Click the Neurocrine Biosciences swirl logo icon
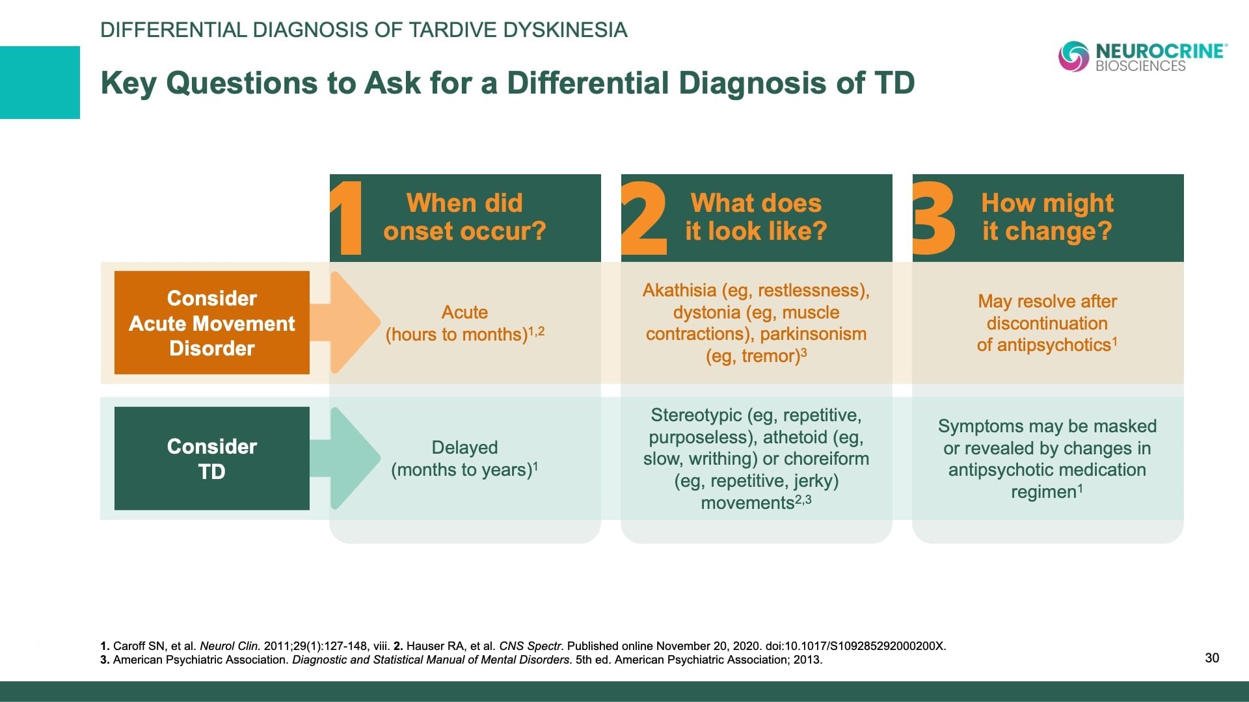pos(1073,56)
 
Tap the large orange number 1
pos(349,218)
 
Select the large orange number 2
pos(643,218)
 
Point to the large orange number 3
pos(933,218)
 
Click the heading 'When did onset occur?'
pos(464,217)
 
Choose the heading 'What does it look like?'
pos(756,217)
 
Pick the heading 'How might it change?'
pos(1047,217)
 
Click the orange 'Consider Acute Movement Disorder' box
pos(212,323)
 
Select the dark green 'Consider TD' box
pos(212,459)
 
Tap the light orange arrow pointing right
pos(351,322)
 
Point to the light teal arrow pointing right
pos(351,458)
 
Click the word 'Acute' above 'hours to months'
pos(464,312)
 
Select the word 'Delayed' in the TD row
pos(464,447)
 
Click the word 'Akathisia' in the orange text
pos(679,290)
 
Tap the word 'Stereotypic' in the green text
pos(696,415)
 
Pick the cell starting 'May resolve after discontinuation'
pos(1047,323)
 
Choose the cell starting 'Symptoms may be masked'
pos(1047,459)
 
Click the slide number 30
pos(1212,658)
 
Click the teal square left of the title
pos(40,83)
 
